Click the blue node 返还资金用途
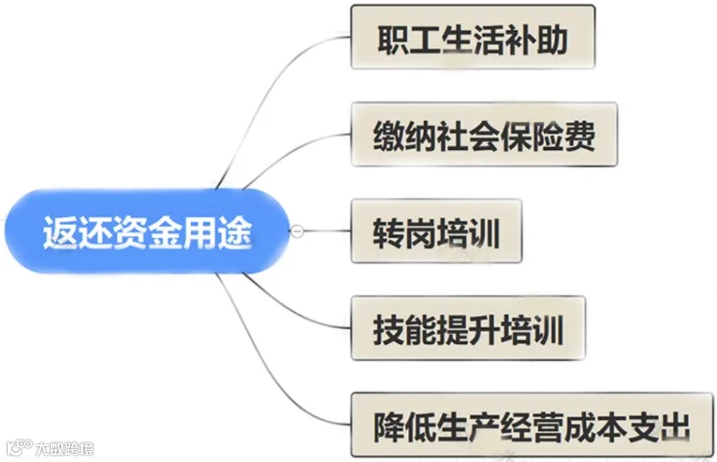pos(147,231)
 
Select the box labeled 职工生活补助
pos(472,37)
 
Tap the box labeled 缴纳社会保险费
pos(484,134)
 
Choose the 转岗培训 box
pos(437,231)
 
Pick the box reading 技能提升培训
pos(468,328)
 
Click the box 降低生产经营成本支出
pos(532,425)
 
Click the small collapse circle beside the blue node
pos(297,231)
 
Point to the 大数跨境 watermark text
pos(65,448)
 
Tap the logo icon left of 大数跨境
pos(19,448)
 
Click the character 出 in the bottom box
pos(675,427)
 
